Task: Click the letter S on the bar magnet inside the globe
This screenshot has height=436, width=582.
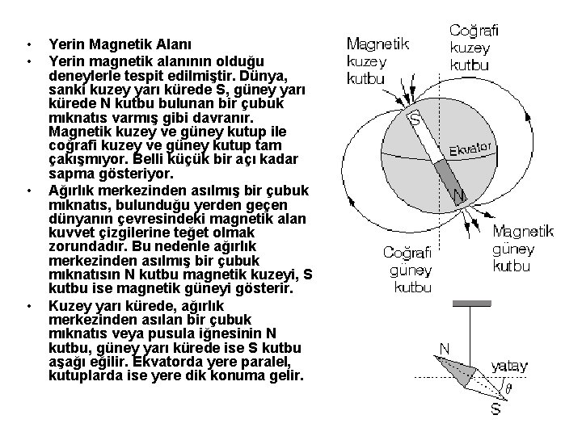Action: click(x=415, y=121)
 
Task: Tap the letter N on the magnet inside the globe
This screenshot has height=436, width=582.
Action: click(x=458, y=196)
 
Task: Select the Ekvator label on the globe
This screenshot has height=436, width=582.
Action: click(x=471, y=151)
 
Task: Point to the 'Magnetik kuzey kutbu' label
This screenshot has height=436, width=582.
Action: click(x=377, y=61)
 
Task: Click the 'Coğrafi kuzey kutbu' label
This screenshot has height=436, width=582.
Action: click(x=474, y=47)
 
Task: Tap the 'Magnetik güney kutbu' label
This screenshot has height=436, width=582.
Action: click(x=524, y=248)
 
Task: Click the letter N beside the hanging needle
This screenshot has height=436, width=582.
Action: click(x=444, y=348)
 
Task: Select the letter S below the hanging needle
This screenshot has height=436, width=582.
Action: click(x=496, y=409)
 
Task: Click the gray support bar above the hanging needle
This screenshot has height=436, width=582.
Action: click(x=473, y=304)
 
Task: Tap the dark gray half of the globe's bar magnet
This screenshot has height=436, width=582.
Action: click(x=445, y=174)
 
